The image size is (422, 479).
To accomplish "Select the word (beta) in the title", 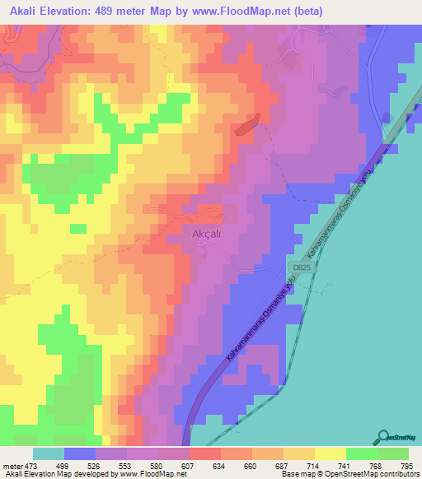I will (303, 12).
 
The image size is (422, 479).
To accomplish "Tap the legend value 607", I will (188, 466).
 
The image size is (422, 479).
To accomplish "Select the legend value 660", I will (251, 466).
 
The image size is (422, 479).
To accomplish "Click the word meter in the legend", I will (12, 466).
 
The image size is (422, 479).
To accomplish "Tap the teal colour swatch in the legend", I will (49, 453).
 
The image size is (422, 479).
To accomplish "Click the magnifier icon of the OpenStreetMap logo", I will (383, 436).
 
